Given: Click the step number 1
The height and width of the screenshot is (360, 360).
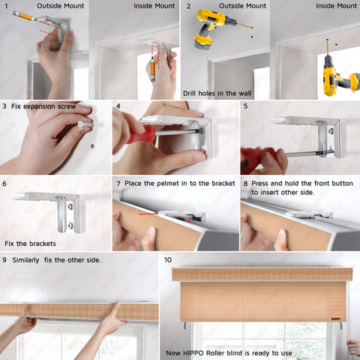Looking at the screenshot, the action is pos(7,6).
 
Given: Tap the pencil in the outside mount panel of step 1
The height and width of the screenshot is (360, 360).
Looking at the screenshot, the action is pos(24,16).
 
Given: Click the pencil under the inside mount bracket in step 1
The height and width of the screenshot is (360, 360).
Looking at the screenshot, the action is pos(152,69).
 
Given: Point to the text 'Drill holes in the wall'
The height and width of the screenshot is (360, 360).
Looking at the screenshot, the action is pos(217,94).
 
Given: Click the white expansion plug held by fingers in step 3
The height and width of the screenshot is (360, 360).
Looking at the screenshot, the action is pos(85,124).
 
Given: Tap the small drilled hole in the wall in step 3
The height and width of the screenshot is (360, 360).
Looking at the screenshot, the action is pos(92,145).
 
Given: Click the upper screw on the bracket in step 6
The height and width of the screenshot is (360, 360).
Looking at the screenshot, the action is pos(70,207).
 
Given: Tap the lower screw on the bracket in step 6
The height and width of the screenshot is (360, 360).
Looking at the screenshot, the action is pos(70,226).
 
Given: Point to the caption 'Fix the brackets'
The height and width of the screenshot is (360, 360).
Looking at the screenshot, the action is pos(30,244).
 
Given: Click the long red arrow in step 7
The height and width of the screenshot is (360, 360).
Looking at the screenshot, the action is pos(148,214).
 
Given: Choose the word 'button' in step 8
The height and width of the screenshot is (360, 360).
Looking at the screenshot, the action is pos(342,184).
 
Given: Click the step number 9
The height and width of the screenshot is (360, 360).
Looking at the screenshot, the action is pos(4,259).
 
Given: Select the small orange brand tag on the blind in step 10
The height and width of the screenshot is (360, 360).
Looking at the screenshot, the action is pos(336,319).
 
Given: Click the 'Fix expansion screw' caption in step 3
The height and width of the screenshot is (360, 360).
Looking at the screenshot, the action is pos(43,106).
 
